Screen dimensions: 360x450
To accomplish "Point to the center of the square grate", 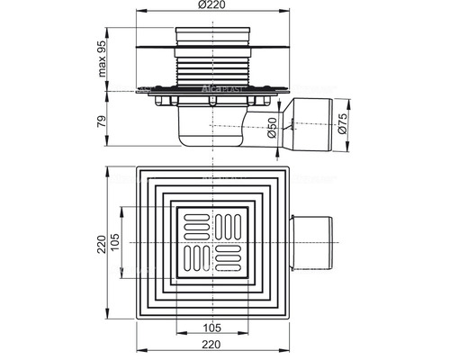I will (212, 244).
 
